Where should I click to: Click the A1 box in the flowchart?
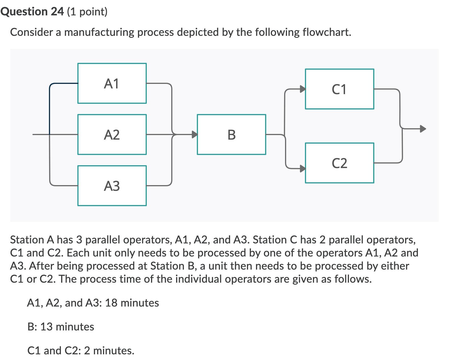pos(112,83)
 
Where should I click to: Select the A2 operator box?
pos(112,135)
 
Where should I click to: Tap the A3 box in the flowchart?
pos(112,186)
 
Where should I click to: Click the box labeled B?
pos(231,135)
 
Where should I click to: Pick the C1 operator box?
pos(339,89)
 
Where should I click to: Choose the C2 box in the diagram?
pos(339,163)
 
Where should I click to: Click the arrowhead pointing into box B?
pos(195,134)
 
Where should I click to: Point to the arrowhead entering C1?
pos(303,89)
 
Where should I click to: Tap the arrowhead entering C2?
pos(303,168)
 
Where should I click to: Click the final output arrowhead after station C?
pos(423,129)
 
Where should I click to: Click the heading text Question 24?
pos(32,12)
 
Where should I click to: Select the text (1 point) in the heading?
pos(87,12)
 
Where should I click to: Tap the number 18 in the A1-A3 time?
pos(111,303)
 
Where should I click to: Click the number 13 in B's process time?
pos(46,327)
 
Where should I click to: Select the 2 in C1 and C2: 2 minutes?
pos(87,351)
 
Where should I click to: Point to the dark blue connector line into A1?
pos(50,108)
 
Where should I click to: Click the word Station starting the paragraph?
pos(27,240)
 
